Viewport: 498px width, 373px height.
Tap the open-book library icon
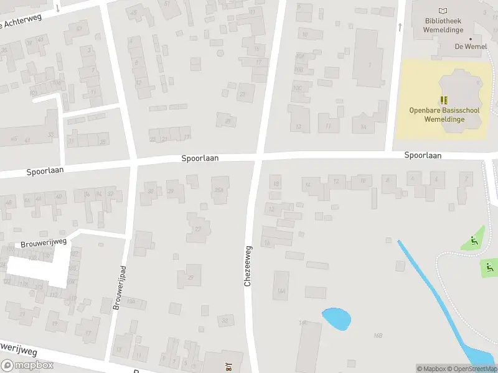click(x=443, y=11)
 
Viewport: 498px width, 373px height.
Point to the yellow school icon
click(x=443, y=99)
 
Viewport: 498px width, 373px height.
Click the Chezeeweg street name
click(x=248, y=265)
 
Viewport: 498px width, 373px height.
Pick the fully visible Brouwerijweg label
click(x=44, y=241)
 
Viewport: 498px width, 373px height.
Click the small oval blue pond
click(x=336, y=319)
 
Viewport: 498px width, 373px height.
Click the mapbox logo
click(x=27, y=366)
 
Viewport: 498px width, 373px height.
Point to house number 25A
click(x=218, y=190)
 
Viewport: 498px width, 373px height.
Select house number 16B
click(x=378, y=335)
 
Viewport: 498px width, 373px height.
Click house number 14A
click(x=281, y=290)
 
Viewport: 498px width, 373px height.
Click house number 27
click(x=199, y=229)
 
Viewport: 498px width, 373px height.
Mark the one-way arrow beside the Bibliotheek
click(x=400, y=26)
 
